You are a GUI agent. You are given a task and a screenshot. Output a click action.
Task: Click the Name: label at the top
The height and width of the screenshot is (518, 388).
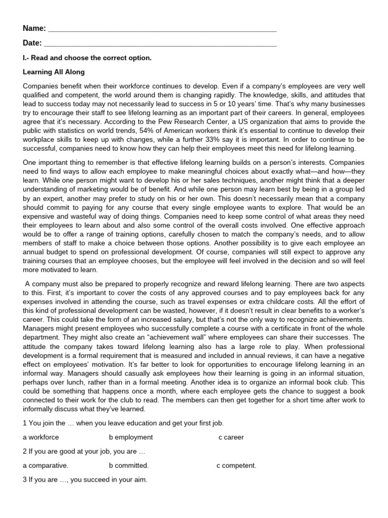tap(34, 28)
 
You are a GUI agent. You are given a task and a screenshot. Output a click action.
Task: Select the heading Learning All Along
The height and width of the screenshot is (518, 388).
tap(54, 72)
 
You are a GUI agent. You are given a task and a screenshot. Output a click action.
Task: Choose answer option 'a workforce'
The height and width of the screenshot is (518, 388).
tap(41, 437)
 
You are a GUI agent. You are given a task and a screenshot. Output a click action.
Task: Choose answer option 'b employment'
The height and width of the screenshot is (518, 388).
tap(131, 437)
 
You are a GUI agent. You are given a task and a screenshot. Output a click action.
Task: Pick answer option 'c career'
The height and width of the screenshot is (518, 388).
tap(231, 437)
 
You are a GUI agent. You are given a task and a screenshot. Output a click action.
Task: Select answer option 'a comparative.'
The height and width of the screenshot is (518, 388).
tap(45, 465)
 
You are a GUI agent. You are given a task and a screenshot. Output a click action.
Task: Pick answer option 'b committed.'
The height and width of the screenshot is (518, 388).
tap(129, 465)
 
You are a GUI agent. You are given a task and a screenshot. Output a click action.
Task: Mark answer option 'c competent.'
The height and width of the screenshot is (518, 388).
tap(236, 465)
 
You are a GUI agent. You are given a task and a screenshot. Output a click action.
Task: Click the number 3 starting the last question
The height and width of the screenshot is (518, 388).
tap(25, 480)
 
